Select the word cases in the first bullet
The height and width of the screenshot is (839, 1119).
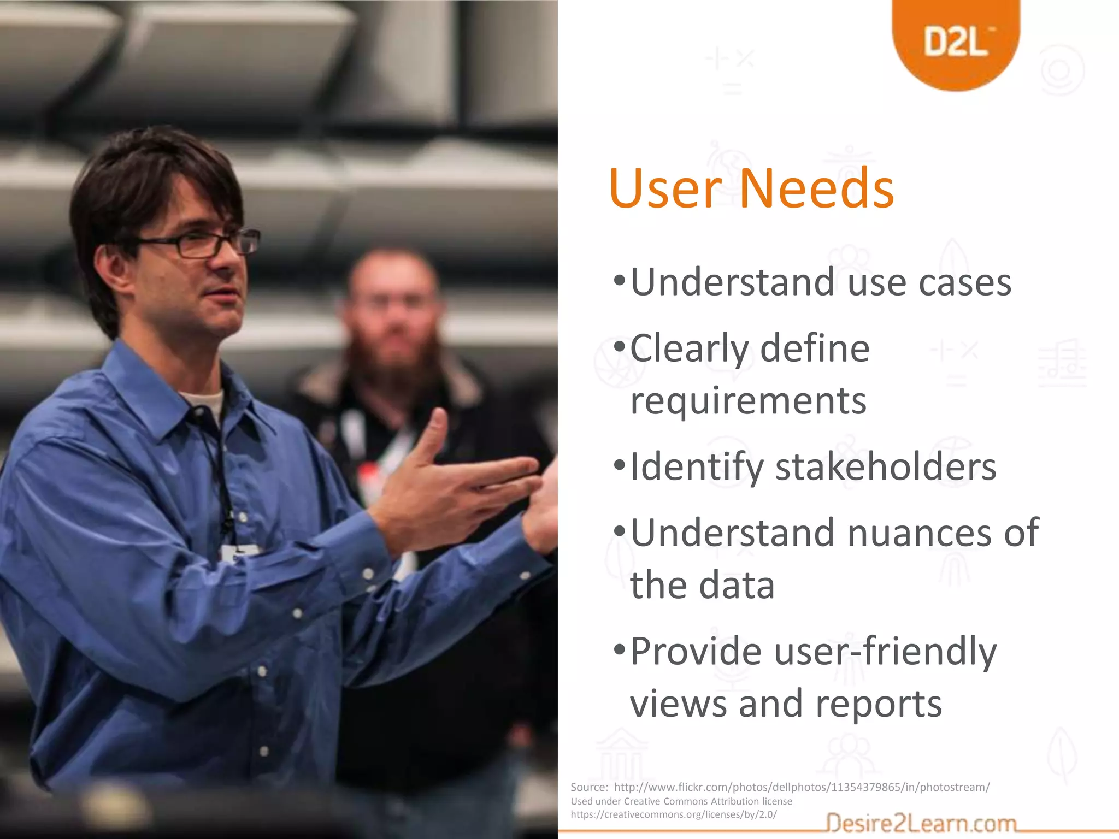point(964,283)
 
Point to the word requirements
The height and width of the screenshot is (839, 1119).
point(748,401)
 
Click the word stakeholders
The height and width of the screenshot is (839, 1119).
point(886,467)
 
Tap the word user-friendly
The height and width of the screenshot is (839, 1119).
point(885,652)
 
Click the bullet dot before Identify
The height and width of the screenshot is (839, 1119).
point(619,466)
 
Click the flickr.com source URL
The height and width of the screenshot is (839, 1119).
point(802,787)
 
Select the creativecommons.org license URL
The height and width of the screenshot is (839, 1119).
point(673,814)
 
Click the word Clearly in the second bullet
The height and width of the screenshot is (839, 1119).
point(688,348)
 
